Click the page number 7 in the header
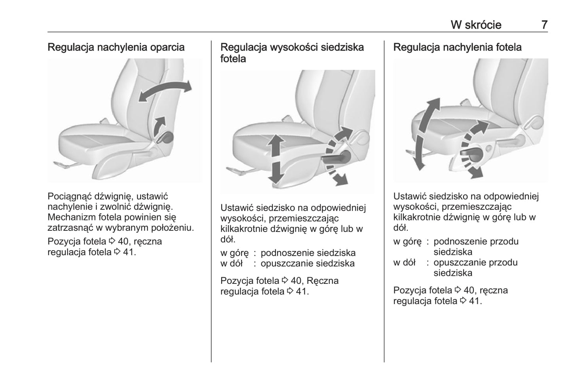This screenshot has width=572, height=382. tap(544, 25)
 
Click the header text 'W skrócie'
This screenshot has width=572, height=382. tap(476, 25)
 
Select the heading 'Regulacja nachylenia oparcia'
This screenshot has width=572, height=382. tap(116, 48)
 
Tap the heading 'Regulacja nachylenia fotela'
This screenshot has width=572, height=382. tap(457, 48)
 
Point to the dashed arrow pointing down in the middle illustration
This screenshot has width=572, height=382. tap(336, 174)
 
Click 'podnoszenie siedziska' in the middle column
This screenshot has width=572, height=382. tap(308, 253)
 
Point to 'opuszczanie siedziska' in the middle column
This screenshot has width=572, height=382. tap(308, 264)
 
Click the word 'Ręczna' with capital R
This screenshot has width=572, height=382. tap(323, 281)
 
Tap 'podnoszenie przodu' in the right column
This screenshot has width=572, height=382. tap(476, 241)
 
